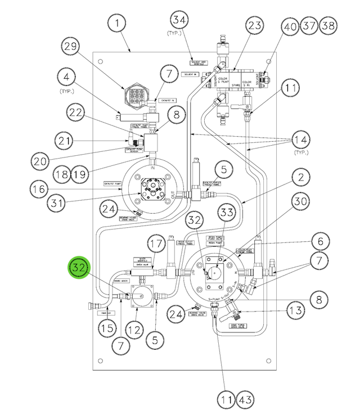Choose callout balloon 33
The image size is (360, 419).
pos(227,213)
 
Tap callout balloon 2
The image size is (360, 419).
pos(301,178)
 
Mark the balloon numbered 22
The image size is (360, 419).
pos(75,112)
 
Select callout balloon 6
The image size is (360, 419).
pos(320,241)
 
